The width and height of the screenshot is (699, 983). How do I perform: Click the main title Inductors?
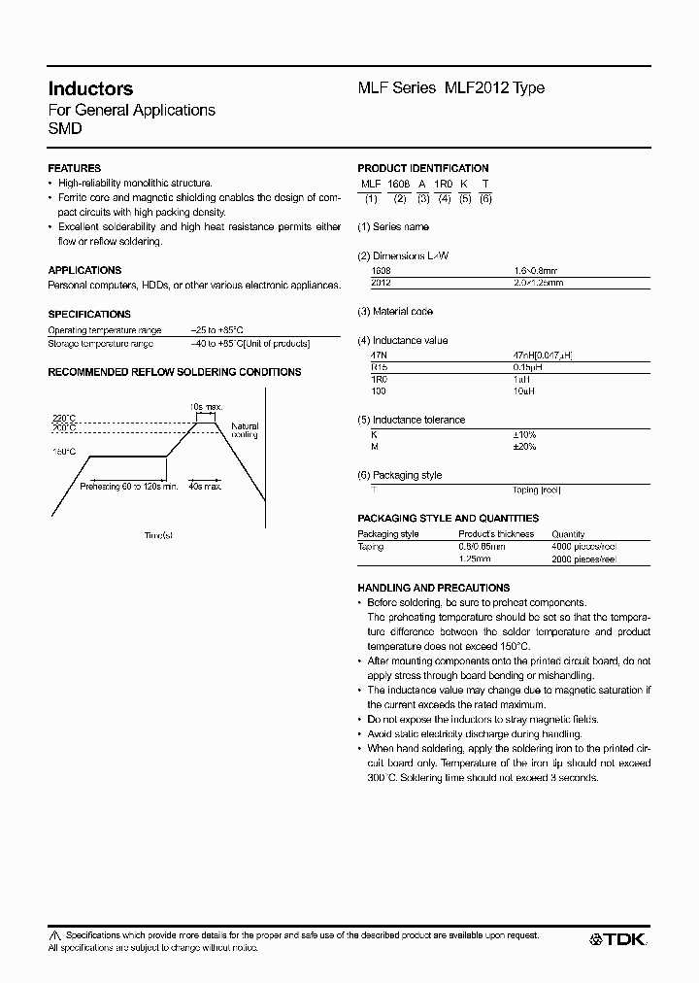(x=90, y=88)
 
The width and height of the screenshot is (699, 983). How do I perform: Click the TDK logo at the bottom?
(x=618, y=939)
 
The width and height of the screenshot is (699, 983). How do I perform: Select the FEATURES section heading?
(x=74, y=168)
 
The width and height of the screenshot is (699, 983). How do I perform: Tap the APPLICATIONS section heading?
(x=84, y=270)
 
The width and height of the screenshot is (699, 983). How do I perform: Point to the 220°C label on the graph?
(x=64, y=418)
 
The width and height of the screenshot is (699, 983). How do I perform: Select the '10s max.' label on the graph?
(x=206, y=405)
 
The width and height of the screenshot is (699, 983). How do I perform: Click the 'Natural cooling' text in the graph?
(x=245, y=430)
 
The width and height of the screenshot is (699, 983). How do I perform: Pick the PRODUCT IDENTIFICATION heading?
(x=423, y=168)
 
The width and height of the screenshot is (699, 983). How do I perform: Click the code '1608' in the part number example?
(x=399, y=183)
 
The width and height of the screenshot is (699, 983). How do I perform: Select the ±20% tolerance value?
(x=524, y=447)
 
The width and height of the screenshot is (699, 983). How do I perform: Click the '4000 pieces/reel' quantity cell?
(x=583, y=547)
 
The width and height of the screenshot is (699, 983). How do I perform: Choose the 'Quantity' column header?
(x=568, y=534)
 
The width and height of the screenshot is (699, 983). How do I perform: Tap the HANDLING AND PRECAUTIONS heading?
(x=433, y=588)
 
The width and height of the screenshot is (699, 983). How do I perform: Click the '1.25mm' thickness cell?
(x=474, y=559)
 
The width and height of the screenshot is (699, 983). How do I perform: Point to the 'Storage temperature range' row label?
(x=101, y=344)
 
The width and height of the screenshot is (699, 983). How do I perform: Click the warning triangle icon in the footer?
(x=54, y=934)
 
